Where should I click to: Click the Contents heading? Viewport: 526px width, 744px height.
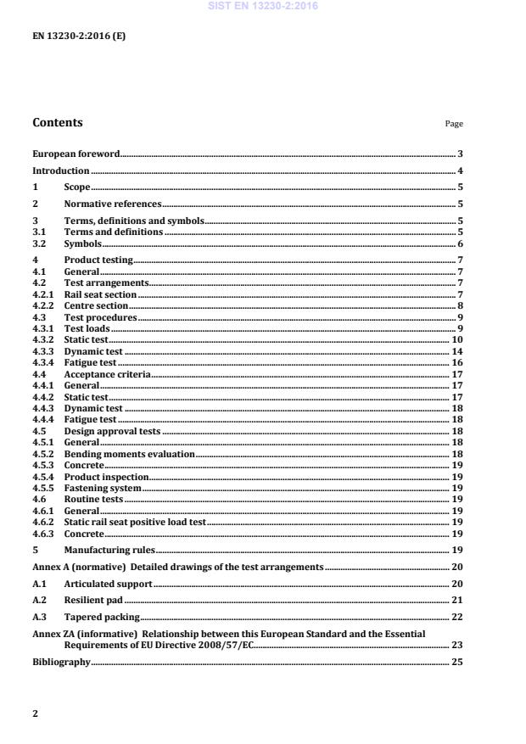[58, 122]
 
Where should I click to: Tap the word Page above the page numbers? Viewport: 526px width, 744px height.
[454, 124]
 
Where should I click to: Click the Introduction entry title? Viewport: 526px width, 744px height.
[61, 171]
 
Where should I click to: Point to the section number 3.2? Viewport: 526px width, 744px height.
[39, 243]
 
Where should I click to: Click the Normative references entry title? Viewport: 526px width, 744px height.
[113, 204]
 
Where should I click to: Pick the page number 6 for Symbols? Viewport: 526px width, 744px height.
[459, 243]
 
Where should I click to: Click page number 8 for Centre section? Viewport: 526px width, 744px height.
[459, 305]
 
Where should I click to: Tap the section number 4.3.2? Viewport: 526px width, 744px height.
[43, 339]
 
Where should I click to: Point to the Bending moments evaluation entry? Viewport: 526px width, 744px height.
[130, 455]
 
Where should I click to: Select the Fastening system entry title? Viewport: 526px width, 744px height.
[103, 488]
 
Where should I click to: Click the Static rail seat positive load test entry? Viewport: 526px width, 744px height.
[135, 523]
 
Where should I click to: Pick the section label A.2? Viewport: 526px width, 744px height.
[39, 600]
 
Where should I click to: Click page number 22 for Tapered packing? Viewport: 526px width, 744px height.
[456, 617]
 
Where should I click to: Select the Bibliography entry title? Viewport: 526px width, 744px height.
[61, 661]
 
